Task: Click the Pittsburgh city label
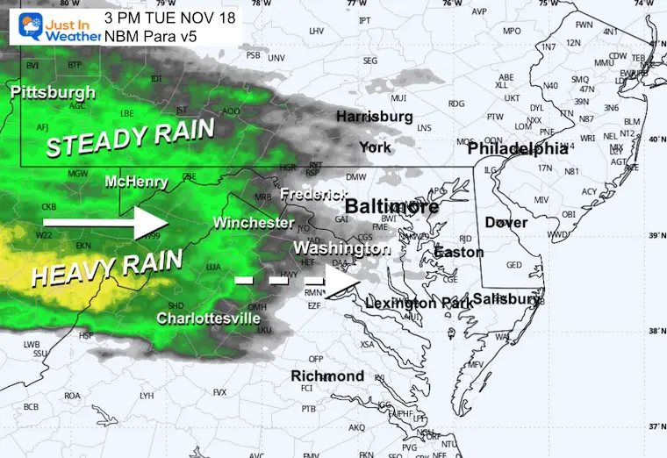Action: [x=54, y=92]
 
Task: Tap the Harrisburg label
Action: [x=374, y=117]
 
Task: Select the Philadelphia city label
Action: [x=523, y=149]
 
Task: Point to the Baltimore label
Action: [x=391, y=207]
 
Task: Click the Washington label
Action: [x=341, y=248]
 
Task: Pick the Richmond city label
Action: [x=326, y=376]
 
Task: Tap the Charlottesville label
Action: [x=209, y=318]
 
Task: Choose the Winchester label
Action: [x=254, y=223]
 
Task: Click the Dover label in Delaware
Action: [x=506, y=222]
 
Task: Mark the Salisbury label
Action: [x=507, y=299]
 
